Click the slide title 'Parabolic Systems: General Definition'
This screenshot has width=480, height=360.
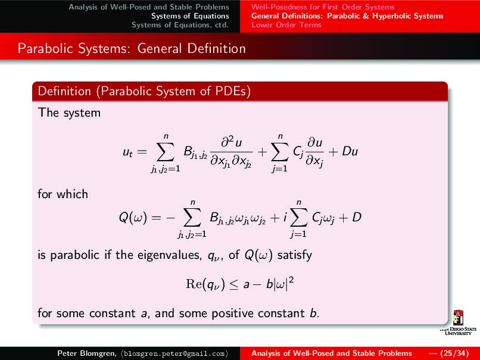pos(132,48)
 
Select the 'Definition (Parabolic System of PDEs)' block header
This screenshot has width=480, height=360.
pos(144,92)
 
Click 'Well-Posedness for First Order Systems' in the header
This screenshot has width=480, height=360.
pos(323,7)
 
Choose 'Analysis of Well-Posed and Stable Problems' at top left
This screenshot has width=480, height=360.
pos(149,7)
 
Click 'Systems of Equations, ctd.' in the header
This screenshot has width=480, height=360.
pos(180,25)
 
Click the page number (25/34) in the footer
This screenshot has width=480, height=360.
pos(453,353)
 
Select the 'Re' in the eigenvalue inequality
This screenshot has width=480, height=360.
pos(195,286)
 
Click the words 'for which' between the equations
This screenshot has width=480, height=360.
pos(63,194)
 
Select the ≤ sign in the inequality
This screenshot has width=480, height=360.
pos(234,286)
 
